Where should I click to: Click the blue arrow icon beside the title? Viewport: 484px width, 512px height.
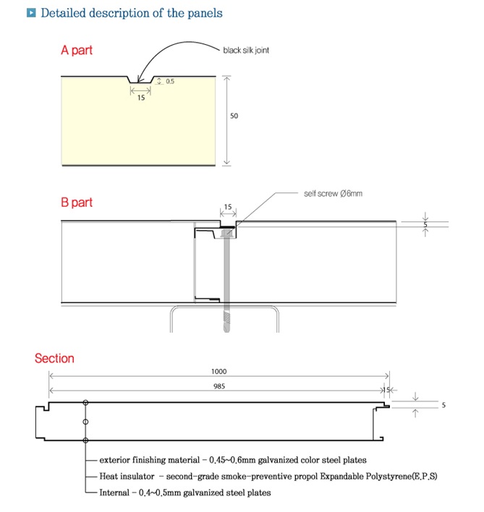tap(30, 13)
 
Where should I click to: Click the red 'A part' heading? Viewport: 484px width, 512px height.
tap(77, 51)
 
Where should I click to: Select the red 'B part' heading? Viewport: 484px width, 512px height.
tap(77, 202)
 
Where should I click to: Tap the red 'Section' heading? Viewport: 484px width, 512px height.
tap(54, 359)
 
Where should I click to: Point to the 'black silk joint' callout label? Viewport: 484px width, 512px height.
tap(246, 51)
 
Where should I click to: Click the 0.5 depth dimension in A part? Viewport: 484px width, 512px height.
tap(170, 81)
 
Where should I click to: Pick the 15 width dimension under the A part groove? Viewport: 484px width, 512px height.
tap(141, 98)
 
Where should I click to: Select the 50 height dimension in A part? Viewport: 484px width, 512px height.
tap(234, 116)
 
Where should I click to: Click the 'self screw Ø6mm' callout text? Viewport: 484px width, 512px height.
tap(333, 194)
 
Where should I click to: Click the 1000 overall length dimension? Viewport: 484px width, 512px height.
tap(218, 371)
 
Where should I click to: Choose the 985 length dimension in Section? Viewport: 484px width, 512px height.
tap(218, 386)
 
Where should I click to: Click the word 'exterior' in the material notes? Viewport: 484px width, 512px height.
tap(114, 460)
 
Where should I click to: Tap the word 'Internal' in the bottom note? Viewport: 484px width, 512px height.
tap(114, 492)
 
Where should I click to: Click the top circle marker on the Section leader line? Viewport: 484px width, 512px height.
tap(85, 403)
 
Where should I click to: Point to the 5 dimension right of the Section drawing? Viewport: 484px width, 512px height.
tap(443, 405)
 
